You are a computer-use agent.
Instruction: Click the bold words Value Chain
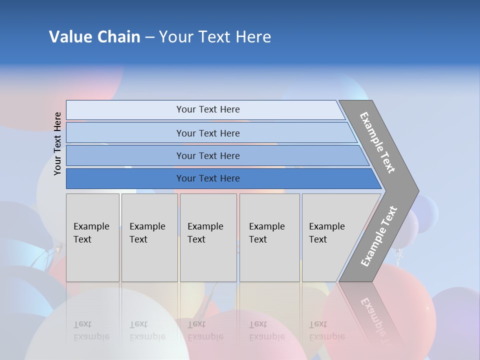click(94, 37)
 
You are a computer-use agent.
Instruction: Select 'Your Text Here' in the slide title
click(215, 37)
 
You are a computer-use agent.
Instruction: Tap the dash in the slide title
click(149, 37)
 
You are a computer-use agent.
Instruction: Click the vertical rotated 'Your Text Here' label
click(57, 143)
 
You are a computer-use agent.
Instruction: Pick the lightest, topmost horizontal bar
click(207, 109)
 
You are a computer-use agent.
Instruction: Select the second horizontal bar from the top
click(207, 133)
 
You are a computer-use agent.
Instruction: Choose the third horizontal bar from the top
click(207, 155)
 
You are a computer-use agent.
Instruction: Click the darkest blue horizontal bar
click(207, 178)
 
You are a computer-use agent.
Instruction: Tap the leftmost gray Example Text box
click(92, 237)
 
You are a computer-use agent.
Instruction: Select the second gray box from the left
click(149, 237)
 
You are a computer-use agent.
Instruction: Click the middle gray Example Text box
click(208, 237)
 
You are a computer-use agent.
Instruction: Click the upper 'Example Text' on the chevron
click(377, 142)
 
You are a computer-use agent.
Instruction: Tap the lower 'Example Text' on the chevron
click(379, 236)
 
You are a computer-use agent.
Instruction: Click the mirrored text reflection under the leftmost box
click(91, 330)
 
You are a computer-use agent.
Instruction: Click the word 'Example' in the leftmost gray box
click(91, 226)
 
